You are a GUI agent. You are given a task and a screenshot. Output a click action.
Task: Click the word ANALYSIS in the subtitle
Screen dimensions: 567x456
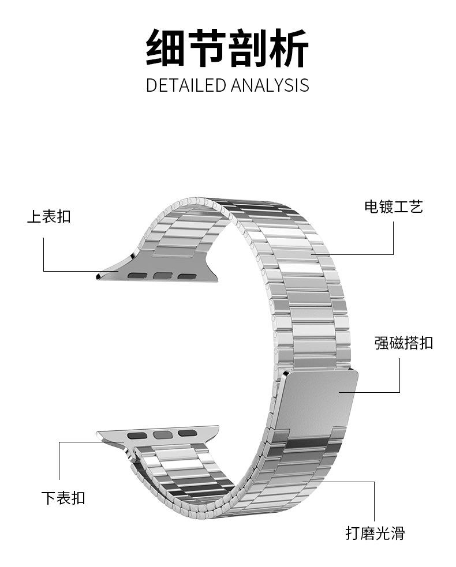(x=270, y=85)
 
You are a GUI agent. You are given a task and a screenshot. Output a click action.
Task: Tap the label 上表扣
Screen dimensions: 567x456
(x=49, y=216)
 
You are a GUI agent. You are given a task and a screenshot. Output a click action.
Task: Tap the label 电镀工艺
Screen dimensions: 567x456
(x=394, y=206)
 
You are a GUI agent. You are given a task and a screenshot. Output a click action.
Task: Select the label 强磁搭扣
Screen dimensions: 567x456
(x=403, y=343)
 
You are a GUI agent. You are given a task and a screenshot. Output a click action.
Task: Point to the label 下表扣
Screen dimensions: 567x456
(x=63, y=497)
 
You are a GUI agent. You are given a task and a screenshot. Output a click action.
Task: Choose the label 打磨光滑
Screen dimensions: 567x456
(x=375, y=532)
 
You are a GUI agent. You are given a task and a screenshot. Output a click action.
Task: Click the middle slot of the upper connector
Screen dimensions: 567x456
(x=163, y=276)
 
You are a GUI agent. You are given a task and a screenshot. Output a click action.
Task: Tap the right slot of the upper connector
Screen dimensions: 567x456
(x=187, y=276)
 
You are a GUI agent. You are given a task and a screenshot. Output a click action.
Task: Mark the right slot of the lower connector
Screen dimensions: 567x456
(x=185, y=433)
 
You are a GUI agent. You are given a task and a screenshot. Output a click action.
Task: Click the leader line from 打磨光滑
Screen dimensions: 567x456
(x=374, y=502)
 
